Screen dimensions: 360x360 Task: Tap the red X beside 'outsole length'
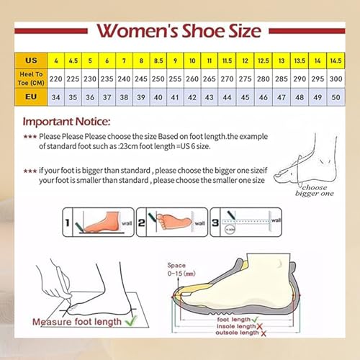click(264, 335)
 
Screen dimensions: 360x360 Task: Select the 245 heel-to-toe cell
click(142, 78)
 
